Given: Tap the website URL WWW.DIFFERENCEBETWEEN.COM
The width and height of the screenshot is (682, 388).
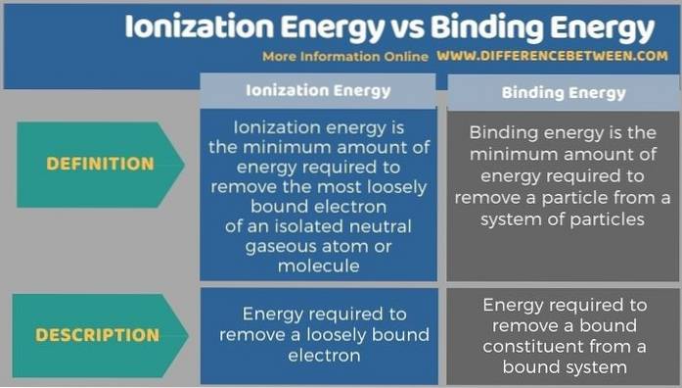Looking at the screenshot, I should tap(552, 56).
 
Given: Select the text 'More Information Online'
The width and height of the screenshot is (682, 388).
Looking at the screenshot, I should tap(344, 56).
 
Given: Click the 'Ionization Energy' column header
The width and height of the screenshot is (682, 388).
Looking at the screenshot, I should tap(318, 91).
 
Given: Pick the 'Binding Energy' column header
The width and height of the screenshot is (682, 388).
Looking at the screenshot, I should tap(564, 93).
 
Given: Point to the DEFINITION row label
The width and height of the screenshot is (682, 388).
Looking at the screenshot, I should tap(100, 164).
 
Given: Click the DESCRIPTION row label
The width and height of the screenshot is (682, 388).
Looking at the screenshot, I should tap(98, 334).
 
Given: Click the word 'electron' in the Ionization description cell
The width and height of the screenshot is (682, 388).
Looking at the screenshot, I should tap(319, 355).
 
